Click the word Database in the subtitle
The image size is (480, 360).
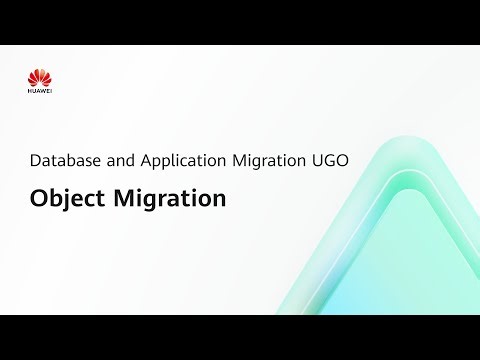click(x=63, y=160)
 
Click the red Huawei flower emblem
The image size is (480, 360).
click(x=40, y=76)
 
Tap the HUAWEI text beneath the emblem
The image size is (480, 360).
click(x=40, y=92)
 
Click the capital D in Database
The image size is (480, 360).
click(x=36, y=160)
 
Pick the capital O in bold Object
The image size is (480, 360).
click(x=38, y=198)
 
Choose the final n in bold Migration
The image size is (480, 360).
click(x=220, y=199)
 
